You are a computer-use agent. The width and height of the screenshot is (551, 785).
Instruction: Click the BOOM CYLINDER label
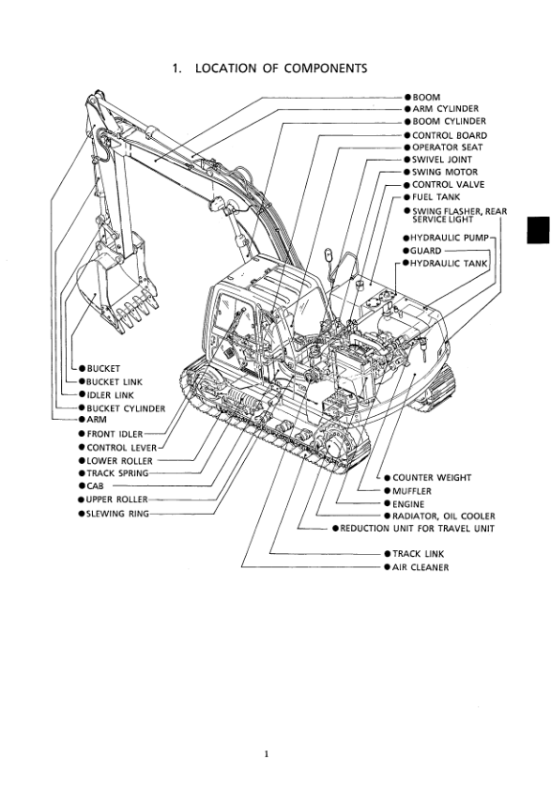[449, 121]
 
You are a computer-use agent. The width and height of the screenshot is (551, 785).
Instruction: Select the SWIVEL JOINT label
[442, 160]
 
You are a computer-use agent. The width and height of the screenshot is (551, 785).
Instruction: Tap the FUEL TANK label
[436, 197]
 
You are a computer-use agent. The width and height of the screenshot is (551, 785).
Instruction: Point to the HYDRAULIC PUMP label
[449, 238]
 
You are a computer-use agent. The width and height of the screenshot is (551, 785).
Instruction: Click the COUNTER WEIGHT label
[432, 478]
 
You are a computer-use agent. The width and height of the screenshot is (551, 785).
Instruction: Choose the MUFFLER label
[411, 491]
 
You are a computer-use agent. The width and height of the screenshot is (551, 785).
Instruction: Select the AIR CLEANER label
[421, 567]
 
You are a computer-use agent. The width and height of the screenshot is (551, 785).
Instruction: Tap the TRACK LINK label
[418, 554]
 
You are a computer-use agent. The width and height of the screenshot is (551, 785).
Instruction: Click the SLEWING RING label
[117, 514]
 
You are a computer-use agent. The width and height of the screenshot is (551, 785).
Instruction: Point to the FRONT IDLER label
[115, 434]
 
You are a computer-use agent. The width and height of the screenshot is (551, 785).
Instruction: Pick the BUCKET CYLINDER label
[126, 408]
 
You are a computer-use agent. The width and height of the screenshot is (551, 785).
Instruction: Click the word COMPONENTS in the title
[326, 69]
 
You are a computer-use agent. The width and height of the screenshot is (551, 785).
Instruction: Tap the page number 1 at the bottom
[267, 754]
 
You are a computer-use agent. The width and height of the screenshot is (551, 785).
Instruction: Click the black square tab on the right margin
[538, 230]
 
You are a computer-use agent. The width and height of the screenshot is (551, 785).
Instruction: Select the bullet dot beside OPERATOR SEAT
[407, 147]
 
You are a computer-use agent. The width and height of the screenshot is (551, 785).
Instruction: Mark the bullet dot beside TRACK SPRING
[82, 473]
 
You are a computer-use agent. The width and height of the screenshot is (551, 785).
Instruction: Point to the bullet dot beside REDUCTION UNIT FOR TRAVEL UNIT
[336, 528]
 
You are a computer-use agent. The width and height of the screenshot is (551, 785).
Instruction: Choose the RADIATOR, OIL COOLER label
[443, 516]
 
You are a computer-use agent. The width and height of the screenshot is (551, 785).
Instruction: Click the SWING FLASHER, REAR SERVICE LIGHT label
[459, 215]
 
